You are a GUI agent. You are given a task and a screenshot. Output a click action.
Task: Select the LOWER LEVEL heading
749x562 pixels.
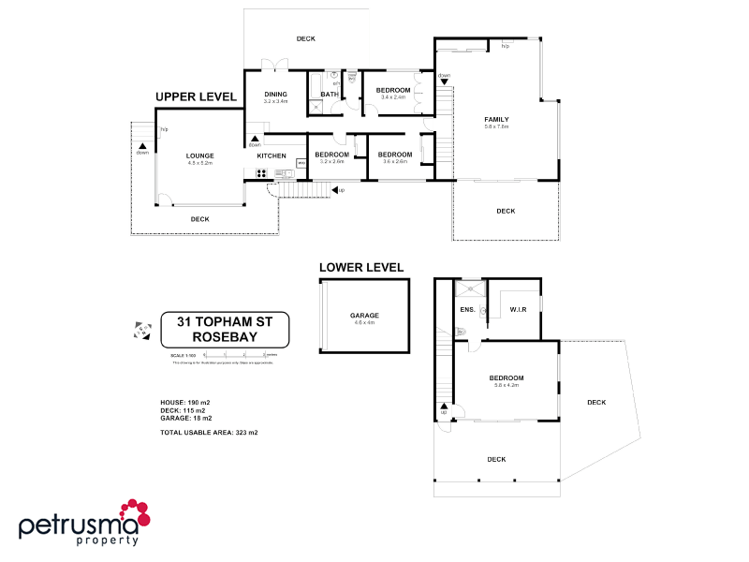click(362, 267)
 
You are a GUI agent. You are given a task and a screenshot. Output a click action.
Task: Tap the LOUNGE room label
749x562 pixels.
click(199, 156)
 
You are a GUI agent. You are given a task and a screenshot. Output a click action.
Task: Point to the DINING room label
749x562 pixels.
click(275, 95)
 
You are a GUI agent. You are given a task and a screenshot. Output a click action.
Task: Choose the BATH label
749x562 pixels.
click(330, 95)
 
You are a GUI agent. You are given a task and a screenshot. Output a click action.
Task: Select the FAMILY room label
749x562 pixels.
click(496, 120)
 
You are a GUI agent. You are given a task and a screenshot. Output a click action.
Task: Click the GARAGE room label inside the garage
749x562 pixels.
click(363, 316)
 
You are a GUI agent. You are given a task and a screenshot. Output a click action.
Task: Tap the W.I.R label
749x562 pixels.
click(521, 309)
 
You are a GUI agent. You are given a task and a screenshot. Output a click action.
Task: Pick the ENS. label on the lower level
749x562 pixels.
click(466, 308)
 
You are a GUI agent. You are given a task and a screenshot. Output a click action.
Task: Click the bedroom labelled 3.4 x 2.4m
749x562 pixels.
click(393, 91)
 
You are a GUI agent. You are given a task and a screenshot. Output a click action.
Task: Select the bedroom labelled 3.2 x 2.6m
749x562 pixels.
click(332, 155)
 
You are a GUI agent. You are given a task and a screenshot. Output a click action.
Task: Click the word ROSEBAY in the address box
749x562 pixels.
click(224, 337)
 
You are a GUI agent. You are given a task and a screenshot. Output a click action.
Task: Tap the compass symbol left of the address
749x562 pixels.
click(142, 329)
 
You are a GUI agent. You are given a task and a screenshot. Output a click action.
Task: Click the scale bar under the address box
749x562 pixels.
click(234, 356)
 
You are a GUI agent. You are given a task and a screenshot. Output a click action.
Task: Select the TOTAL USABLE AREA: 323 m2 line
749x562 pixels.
click(209, 432)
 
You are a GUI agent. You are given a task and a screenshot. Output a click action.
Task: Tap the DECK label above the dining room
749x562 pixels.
click(305, 38)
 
